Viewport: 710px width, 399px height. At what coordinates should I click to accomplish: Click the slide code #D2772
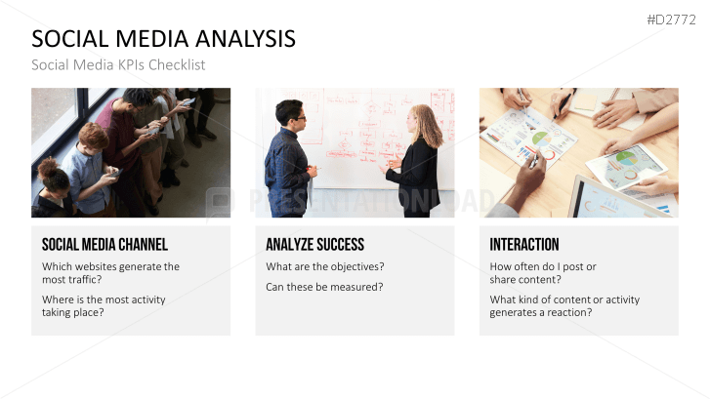[x=671, y=20]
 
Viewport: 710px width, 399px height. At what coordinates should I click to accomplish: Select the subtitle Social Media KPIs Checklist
[x=118, y=65]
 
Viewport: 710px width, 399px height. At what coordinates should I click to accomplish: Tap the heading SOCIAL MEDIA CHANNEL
[x=104, y=245]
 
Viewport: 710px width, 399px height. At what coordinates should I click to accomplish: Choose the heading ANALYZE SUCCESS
[x=314, y=245]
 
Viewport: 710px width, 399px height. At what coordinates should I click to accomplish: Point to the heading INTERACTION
[x=523, y=245]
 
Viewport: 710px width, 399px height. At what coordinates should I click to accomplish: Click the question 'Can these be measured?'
[x=324, y=287]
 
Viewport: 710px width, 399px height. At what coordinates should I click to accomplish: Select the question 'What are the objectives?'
[x=324, y=266]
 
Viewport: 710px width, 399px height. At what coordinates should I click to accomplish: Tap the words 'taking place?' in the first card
[x=73, y=312]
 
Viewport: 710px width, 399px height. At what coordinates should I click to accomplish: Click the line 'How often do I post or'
[x=543, y=266]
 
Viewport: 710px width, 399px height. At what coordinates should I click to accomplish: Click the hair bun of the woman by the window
[x=48, y=166]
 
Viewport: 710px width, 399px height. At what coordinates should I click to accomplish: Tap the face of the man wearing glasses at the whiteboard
[x=297, y=117]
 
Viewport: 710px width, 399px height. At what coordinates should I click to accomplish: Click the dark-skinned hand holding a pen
[x=526, y=176]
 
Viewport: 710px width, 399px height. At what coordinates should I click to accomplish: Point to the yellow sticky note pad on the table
[x=585, y=102]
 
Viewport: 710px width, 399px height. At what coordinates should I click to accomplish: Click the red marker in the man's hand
[x=313, y=169]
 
